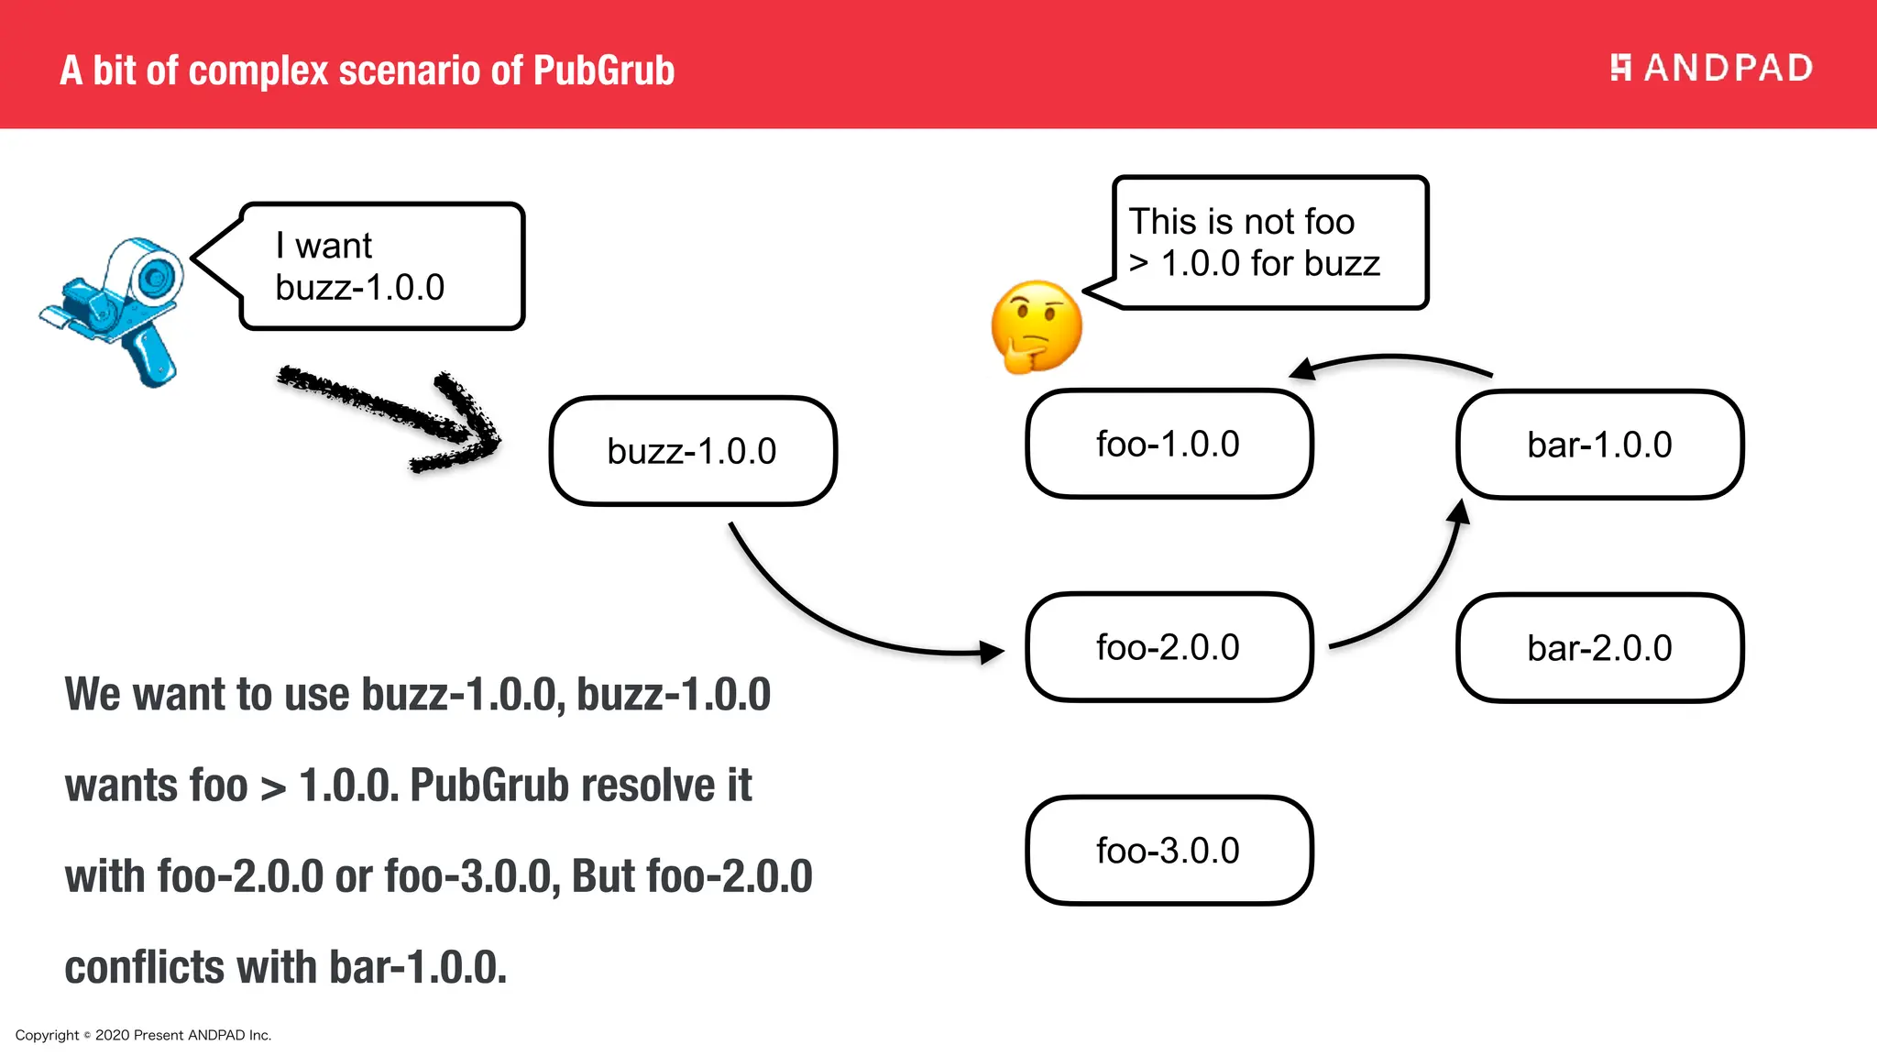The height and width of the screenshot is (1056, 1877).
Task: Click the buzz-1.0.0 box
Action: point(693,451)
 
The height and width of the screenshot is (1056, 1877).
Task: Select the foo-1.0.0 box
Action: point(1169,444)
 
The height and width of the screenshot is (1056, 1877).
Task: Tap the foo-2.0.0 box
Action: point(1169,647)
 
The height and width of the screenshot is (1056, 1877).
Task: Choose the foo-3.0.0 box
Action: point(1169,851)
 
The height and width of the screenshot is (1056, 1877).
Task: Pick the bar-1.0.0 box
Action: point(1599,445)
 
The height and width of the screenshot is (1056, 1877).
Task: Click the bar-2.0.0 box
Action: point(1599,648)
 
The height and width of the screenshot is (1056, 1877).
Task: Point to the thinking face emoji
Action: point(1036,326)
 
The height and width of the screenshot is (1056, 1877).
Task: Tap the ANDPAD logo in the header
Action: point(1711,68)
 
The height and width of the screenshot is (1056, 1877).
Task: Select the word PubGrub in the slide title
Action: point(603,71)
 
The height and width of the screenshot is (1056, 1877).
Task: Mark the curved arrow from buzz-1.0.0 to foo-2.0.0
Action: point(825,623)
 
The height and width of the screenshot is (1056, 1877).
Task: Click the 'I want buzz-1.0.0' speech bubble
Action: point(380,266)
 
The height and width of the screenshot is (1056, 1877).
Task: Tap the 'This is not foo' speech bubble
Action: point(1269,243)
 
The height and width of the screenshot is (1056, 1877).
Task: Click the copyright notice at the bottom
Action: point(143,1035)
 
